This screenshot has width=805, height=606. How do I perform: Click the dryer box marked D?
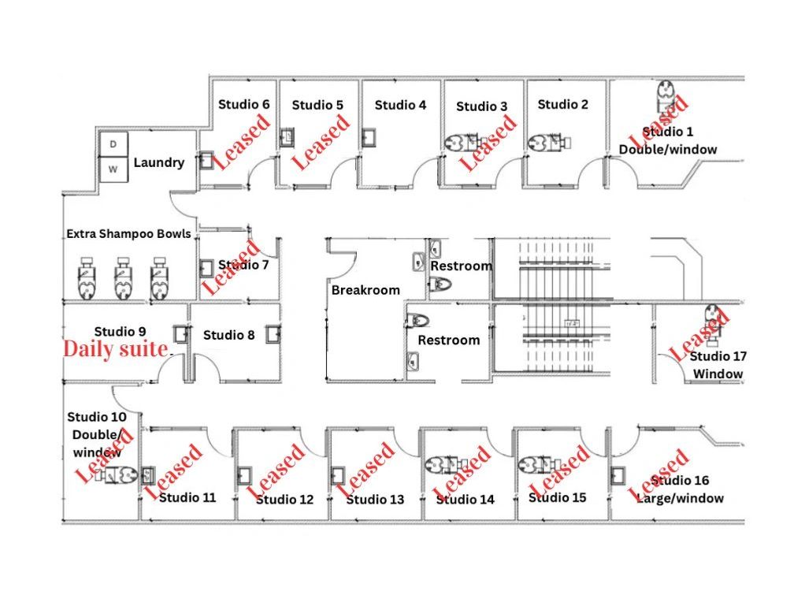[113, 144]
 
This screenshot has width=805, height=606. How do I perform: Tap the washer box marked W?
[113, 169]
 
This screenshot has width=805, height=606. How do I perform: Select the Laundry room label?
[159, 163]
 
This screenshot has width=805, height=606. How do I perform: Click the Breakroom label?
[365, 290]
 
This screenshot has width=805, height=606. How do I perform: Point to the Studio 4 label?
[400, 106]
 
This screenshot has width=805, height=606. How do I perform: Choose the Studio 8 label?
[229, 336]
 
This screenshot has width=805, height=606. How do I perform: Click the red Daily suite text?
[116, 349]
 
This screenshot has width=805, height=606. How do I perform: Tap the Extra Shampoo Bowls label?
[129, 234]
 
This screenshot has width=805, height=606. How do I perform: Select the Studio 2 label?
[562, 105]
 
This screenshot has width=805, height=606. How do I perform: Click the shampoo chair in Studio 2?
[549, 143]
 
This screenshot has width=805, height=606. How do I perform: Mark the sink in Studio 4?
[369, 138]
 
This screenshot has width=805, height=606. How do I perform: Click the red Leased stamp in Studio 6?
[241, 142]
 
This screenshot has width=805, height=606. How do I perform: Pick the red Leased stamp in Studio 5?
[321, 143]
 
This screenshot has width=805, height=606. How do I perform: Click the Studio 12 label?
[284, 500]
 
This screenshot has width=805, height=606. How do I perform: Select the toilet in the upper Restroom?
[440, 284]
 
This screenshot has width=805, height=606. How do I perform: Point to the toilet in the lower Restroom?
[418, 321]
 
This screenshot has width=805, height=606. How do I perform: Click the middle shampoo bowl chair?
[123, 278]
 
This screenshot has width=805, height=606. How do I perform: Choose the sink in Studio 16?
[618, 476]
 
